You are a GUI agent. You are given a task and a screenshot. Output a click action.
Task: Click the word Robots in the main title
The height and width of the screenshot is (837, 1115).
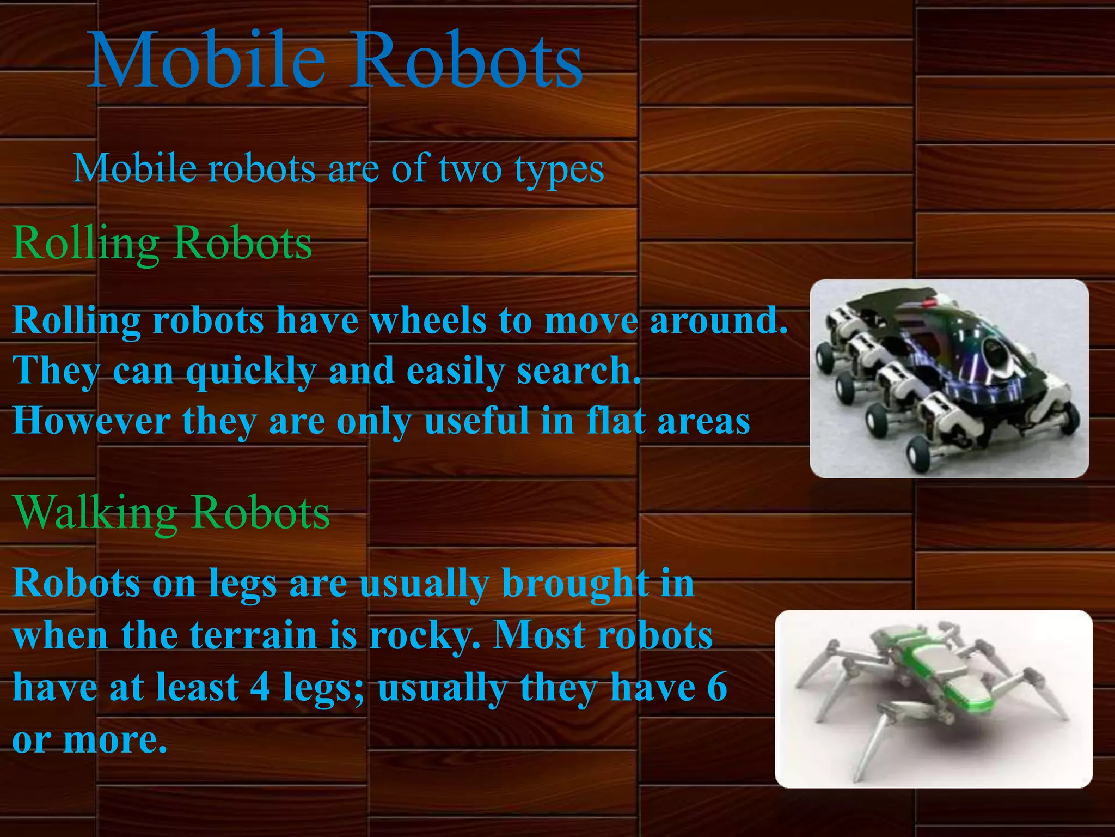pos(465,60)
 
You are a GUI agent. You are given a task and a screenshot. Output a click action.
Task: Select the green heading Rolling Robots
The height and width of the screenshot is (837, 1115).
pos(162,243)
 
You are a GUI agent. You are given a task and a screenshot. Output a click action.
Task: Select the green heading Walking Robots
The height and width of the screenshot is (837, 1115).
pos(172,513)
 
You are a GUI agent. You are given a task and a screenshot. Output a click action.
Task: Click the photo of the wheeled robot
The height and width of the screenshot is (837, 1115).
pos(949,379)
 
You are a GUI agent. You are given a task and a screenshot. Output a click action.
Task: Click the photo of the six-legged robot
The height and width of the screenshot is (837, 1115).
pos(933,699)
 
